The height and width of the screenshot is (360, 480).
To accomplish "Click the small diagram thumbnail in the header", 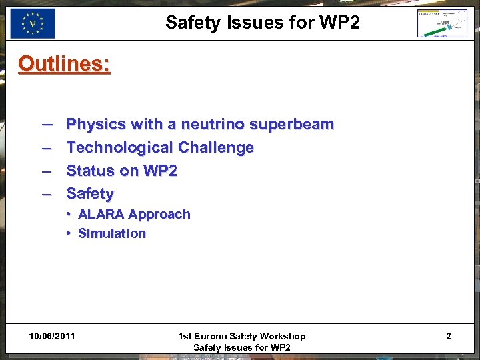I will [442, 24].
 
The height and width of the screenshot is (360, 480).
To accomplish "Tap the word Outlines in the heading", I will [64, 64].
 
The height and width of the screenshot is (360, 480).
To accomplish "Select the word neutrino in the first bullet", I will [211, 125].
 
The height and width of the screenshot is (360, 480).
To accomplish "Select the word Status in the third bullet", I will [91, 171].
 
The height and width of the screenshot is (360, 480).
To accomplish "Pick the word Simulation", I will [112, 234].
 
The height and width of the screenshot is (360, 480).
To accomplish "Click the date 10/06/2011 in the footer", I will [52, 336].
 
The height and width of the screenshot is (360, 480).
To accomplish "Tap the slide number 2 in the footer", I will [448, 336].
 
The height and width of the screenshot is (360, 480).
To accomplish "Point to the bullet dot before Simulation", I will [69, 234].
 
